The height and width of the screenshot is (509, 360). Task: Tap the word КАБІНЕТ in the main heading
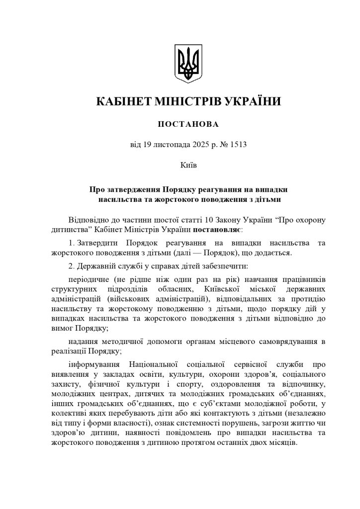[x=124, y=102]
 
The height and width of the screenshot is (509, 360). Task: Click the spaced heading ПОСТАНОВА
[x=188, y=124]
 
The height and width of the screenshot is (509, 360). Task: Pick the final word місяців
[x=281, y=442]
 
